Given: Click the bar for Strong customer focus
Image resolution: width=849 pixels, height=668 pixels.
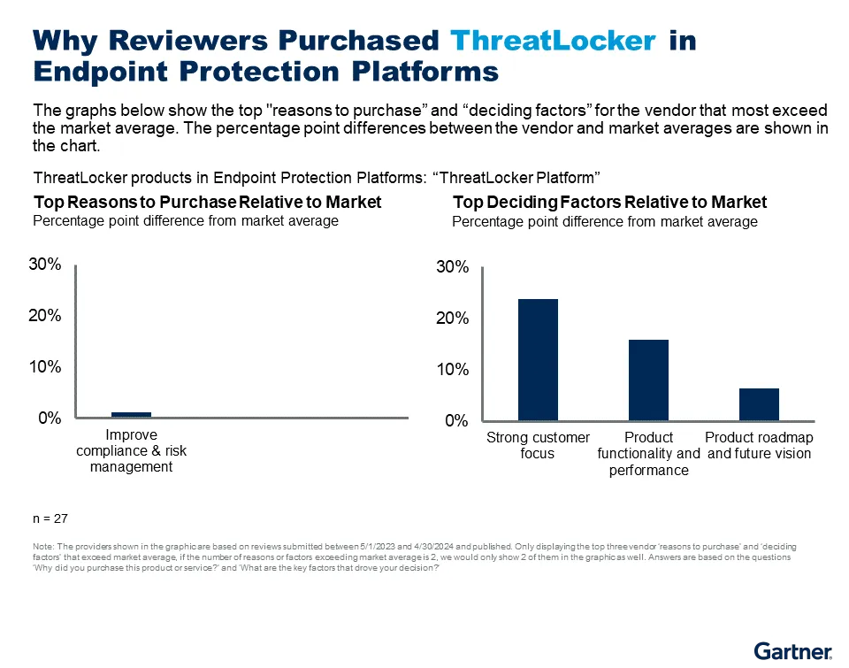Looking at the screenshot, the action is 538,360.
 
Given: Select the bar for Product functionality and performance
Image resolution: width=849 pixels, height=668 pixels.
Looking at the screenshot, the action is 648,380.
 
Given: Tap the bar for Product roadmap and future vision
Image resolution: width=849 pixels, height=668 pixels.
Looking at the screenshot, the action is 759,404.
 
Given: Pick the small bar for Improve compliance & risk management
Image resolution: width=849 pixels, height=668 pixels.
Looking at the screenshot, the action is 131,414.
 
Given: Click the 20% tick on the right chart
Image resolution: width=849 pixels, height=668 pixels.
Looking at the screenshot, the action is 452,319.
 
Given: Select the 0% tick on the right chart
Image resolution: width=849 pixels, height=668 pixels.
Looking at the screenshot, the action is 456,421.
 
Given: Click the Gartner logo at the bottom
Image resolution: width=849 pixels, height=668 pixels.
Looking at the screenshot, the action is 793,653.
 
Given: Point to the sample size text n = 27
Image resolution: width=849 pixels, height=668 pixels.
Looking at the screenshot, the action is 50,518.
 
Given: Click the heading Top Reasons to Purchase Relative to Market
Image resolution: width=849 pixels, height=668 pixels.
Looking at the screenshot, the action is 207,202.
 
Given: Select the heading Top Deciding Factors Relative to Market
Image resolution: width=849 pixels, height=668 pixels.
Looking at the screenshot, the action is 609,202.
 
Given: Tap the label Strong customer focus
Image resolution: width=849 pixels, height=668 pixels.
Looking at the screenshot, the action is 538,445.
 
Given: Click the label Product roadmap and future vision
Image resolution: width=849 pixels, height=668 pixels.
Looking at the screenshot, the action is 759,445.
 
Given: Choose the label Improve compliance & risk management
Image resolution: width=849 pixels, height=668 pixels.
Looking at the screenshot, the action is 131,450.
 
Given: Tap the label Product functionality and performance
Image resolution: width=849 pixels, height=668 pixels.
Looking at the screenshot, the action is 648,454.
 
